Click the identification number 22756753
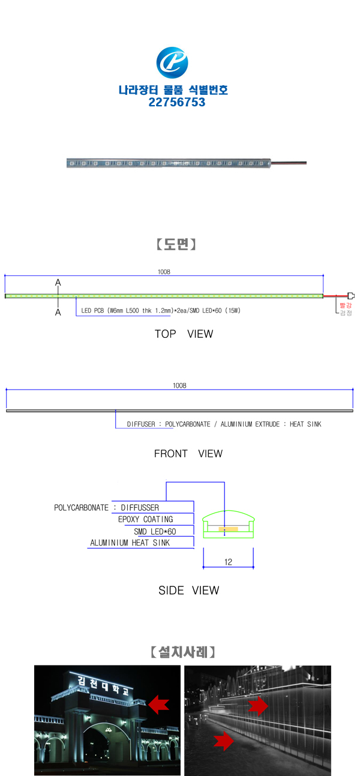coord(177,103)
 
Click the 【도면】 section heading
coord(176,244)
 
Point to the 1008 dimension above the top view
coord(164,272)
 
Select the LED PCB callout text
coord(161,311)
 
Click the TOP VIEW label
coord(184,334)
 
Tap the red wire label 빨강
coord(346,305)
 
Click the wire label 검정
coord(346,313)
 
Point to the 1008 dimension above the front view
coord(179,386)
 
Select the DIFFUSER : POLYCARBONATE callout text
coord(224,424)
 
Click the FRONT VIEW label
coord(188,454)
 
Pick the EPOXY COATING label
coord(145,519)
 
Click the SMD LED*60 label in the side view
coord(155,531)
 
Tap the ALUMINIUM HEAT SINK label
coord(130,543)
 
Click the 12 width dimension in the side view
coord(228,562)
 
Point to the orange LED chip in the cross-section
coord(228,529)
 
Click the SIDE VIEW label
coord(188,591)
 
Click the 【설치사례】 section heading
coord(182,651)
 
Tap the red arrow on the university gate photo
coord(158,705)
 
